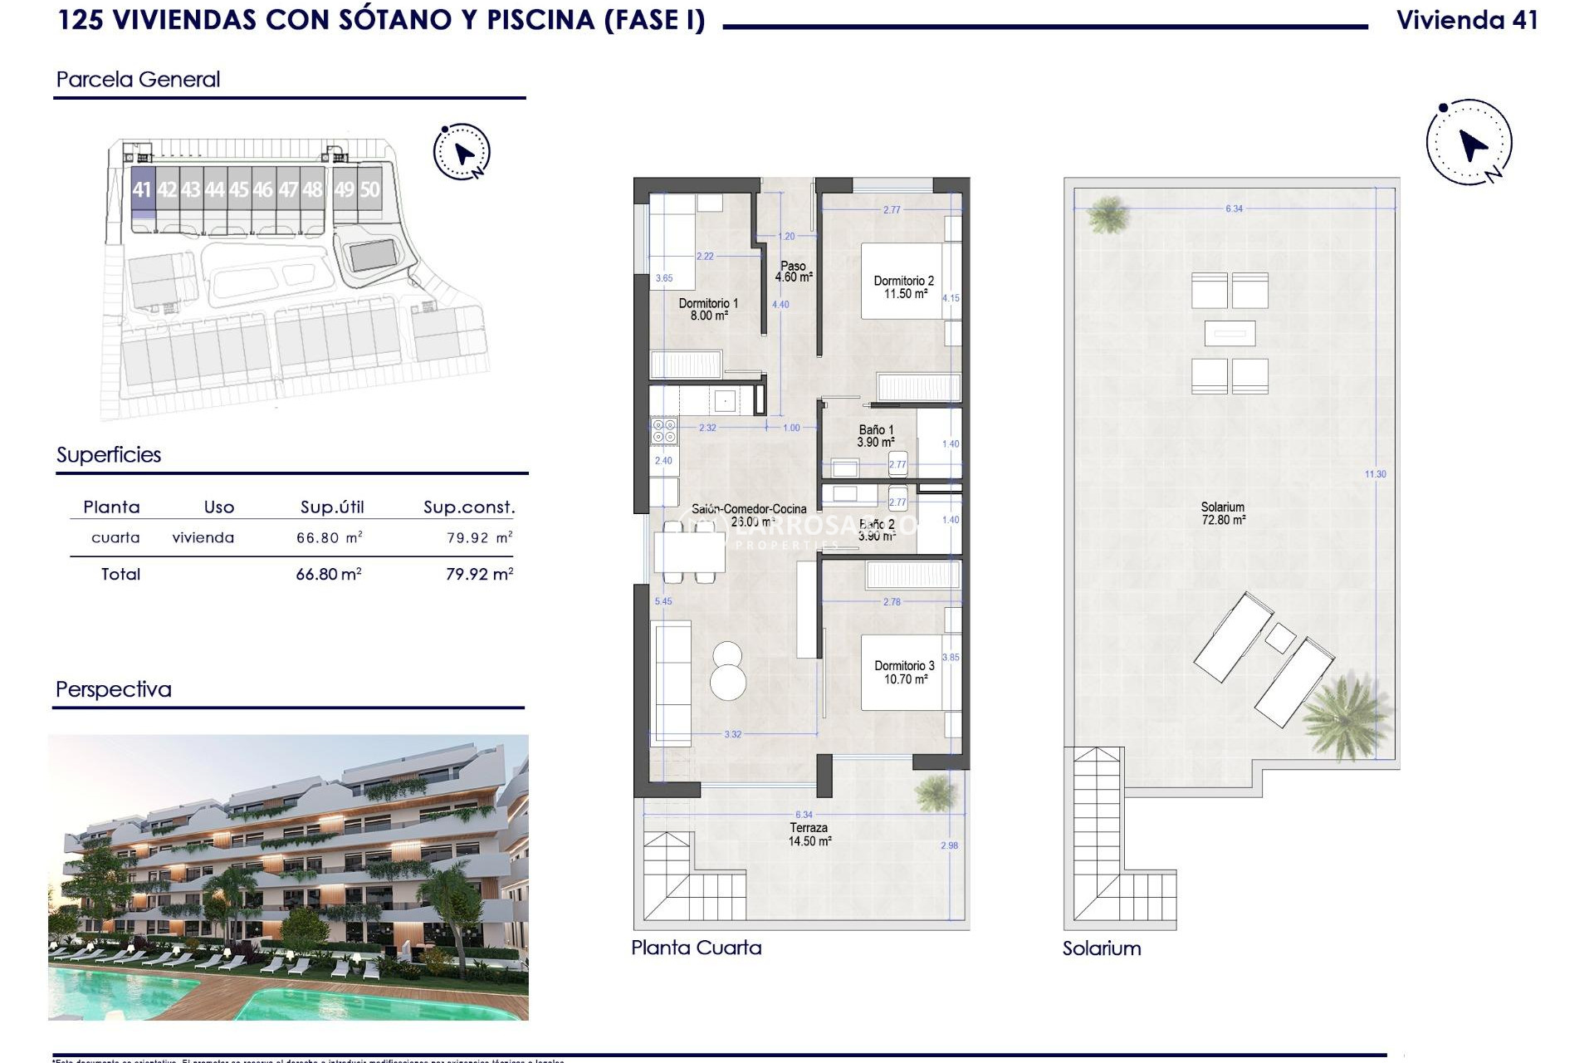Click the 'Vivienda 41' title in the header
[x=1466, y=20]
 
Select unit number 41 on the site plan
[x=142, y=190]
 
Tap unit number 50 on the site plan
[x=369, y=190]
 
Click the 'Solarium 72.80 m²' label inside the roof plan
[x=1223, y=513]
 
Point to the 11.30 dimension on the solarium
[x=1375, y=474]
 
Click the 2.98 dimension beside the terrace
[x=949, y=845]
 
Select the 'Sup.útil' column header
[x=332, y=507]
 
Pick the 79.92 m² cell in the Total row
[x=479, y=574]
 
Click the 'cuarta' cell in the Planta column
[x=115, y=537]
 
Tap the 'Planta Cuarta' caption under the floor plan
[x=696, y=948]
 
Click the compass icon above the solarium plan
[x=1469, y=143]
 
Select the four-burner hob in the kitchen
[x=664, y=431]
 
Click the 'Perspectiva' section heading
[x=114, y=689]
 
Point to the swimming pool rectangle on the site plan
[x=372, y=255]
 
